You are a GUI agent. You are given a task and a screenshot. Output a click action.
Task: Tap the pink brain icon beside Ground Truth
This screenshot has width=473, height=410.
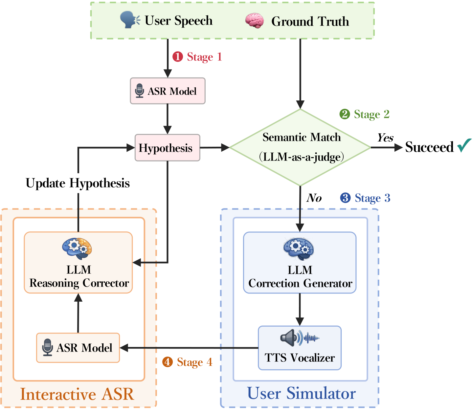[255, 21]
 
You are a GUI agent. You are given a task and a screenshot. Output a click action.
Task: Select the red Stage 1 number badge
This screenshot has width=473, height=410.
[178, 57]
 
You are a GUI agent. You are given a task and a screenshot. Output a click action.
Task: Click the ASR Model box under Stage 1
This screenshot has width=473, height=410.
[168, 91]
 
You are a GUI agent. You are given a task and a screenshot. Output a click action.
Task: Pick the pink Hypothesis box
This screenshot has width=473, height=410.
[168, 148]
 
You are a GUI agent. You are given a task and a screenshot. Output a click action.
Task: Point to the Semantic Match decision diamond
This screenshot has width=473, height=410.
[300, 147]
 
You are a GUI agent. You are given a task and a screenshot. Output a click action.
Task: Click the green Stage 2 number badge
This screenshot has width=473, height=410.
[345, 114]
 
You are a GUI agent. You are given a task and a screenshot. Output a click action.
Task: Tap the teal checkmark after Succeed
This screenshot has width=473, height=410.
[464, 145]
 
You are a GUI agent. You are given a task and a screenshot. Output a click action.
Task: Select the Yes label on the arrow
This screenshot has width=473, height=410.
[385, 138]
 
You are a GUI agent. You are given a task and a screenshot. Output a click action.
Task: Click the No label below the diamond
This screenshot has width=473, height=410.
[314, 198]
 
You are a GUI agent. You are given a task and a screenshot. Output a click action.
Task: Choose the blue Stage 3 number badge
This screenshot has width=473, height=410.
[345, 198]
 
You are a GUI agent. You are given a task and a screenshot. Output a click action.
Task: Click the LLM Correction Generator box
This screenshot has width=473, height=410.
[300, 263]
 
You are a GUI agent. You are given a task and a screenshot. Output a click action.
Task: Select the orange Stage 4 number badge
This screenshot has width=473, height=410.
[168, 362]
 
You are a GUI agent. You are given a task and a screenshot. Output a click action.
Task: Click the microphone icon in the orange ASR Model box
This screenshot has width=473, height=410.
[48, 347]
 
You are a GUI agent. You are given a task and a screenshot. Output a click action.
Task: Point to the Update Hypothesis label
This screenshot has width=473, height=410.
[78, 183]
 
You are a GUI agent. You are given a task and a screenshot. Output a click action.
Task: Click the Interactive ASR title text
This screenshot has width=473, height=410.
[77, 394]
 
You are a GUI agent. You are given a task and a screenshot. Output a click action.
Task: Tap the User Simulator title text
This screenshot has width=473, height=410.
[301, 393]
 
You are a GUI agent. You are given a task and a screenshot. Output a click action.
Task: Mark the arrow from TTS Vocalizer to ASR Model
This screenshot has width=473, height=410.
[189, 348]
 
